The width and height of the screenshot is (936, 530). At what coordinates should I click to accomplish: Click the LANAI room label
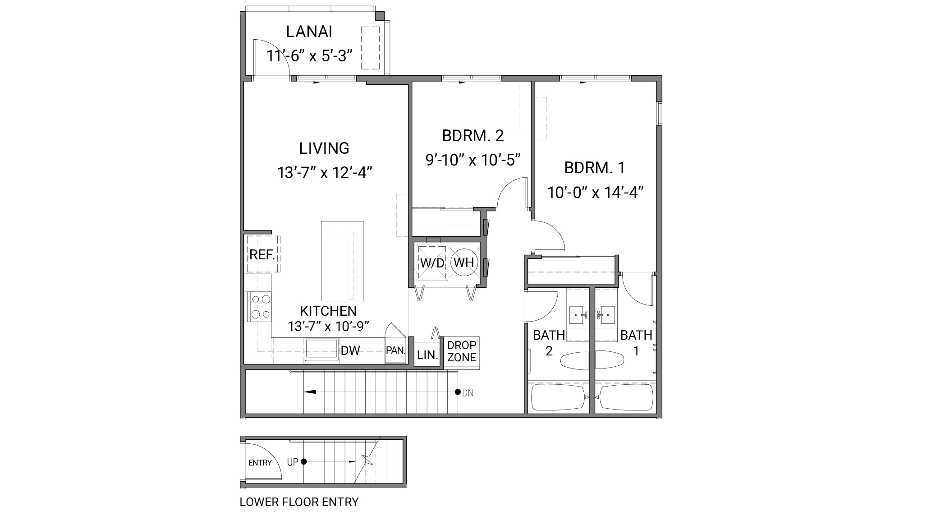click(x=309, y=32)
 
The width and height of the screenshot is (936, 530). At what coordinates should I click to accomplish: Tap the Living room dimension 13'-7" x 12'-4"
click(x=324, y=173)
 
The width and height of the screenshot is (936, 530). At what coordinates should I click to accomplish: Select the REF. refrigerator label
click(x=262, y=255)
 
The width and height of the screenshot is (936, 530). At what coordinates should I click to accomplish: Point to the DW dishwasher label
click(x=350, y=350)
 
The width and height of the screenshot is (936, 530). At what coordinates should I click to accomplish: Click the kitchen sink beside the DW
click(x=321, y=350)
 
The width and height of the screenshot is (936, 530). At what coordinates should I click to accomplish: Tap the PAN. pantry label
click(x=396, y=350)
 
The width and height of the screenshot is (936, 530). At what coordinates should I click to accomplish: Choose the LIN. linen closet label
click(x=427, y=355)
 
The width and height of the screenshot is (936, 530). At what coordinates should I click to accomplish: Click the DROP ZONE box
click(x=462, y=351)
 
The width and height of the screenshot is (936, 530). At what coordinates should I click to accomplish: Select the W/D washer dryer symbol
click(x=432, y=263)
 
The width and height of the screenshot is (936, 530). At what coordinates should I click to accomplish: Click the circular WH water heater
click(x=464, y=263)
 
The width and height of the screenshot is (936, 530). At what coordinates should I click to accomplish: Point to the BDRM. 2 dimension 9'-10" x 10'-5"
click(x=473, y=159)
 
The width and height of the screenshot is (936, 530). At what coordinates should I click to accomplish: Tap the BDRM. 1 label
click(x=595, y=168)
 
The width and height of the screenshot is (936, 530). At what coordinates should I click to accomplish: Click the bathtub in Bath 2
click(x=558, y=397)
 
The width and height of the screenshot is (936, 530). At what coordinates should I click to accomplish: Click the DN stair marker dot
click(x=458, y=392)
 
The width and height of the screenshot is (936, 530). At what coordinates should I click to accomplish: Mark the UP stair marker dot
click(x=304, y=461)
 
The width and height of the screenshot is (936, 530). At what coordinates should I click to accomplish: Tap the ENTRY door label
click(x=260, y=462)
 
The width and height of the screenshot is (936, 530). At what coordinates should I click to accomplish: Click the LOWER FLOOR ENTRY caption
click(x=299, y=502)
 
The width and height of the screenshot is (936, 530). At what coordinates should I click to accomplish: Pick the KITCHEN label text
click(x=328, y=311)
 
